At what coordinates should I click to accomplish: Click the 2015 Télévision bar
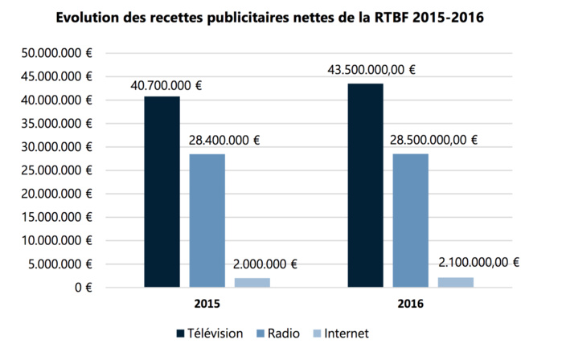[162, 191]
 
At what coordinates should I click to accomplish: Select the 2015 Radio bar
[207, 220]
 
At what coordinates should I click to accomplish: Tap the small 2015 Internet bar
[252, 282]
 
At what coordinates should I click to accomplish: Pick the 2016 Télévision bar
[365, 185]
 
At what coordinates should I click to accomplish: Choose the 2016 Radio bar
[410, 220]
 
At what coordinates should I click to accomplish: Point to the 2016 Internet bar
[455, 282]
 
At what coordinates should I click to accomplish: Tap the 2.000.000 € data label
[265, 264]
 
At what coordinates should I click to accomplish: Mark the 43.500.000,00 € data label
[372, 70]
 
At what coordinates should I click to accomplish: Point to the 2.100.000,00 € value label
[479, 262]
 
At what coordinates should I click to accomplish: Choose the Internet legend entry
[341, 333]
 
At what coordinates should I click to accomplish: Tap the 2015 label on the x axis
[207, 305]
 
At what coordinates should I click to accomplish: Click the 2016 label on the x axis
[410, 305]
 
